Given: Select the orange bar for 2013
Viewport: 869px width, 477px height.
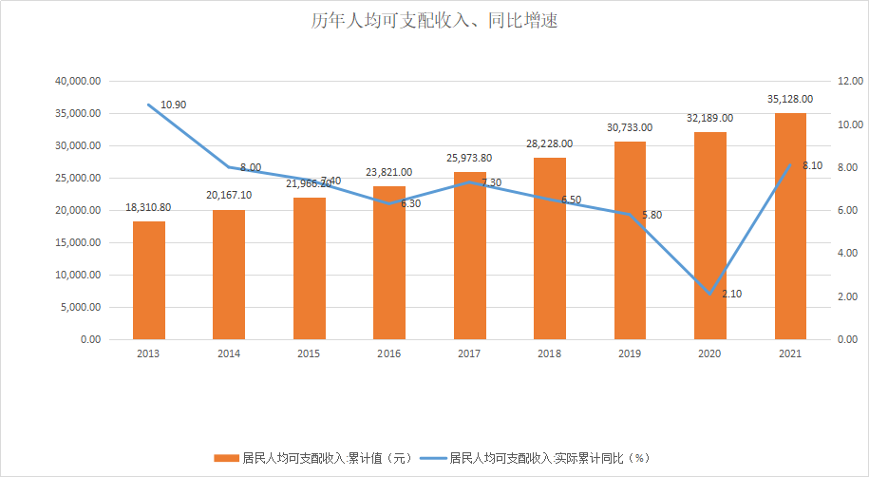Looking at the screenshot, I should [x=149, y=280].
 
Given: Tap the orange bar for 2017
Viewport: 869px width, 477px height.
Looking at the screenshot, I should [x=470, y=256].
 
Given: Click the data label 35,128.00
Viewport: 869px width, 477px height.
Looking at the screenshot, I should [x=791, y=99].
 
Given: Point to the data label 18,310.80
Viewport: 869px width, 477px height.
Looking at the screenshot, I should [x=149, y=207].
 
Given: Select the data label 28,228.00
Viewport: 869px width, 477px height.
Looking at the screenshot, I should [x=550, y=143].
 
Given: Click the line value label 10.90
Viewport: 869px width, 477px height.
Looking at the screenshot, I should [x=174, y=105].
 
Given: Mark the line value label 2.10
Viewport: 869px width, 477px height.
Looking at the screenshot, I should [x=732, y=295].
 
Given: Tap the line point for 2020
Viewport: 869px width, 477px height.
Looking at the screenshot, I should [x=710, y=294].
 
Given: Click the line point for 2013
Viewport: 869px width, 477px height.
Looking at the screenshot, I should [x=149, y=105].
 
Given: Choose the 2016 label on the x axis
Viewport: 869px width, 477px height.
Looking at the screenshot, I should [x=389, y=353].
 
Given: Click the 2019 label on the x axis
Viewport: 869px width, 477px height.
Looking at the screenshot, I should [x=630, y=353].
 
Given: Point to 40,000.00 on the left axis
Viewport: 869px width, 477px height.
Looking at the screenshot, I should [x=79, y=82].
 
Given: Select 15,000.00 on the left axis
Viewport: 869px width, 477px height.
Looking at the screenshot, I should [x=79, y=242].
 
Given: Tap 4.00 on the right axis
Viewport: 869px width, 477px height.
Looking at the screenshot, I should [x=848, y=254].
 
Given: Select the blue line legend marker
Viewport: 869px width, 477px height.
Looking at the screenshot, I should [x=432, y=457].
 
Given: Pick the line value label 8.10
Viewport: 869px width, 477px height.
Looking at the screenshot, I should [x=813, y=165].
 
